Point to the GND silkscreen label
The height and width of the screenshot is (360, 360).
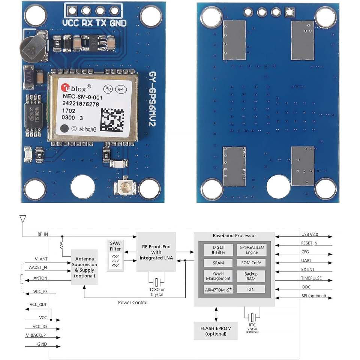tap(118, 23)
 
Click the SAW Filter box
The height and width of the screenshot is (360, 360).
tap(115, 255)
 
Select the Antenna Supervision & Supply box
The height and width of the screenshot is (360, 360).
tap(84, 267)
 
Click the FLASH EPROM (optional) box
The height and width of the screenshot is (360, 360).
tap(216, 331)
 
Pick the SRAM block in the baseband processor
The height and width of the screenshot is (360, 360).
tap(218, 263)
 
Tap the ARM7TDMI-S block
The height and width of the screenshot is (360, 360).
tap(218, 289)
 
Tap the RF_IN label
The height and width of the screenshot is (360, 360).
tap(42, 234)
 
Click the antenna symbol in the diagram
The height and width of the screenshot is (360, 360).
tap(22, 219)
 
